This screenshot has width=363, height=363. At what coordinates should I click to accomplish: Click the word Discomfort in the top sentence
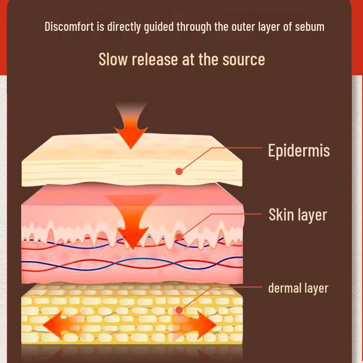pyautogui.click(x=69, y=26)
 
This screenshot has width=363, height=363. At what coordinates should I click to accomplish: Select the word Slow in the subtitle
pyautogui.click(x=113, y=59)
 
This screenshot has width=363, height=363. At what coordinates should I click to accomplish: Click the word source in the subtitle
pyautogui.click(x=244, y=60)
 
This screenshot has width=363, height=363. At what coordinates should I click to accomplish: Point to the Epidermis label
pyautogui.click(x=299, y=151)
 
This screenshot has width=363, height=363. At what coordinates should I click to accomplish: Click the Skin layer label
pyautogui.click(x=298, y=215)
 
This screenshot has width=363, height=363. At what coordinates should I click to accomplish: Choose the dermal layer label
pyautogui.click(x=298, y=288)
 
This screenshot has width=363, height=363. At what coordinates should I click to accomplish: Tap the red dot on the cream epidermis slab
pyautogui.click(x=179, y=172)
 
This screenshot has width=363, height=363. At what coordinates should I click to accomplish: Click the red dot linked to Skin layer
pyautogui.click(x=179, y=237)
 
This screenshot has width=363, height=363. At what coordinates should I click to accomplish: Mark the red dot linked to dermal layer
pyautogui.click(x=179, y=310)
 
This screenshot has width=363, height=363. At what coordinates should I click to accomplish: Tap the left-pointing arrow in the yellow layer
pyautogui.click(x=63, y=325)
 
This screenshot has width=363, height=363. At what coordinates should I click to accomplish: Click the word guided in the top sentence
pyautogui.click(x=158, y=27)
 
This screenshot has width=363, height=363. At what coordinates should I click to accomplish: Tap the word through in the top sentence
pyautogui.click(x=194, y=27)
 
